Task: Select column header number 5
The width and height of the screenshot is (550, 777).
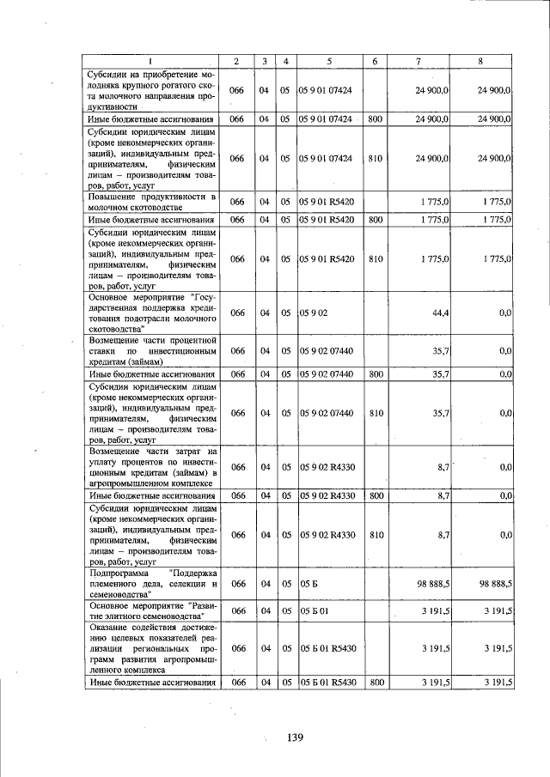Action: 329,60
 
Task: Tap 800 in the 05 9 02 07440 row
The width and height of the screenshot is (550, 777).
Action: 375,374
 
